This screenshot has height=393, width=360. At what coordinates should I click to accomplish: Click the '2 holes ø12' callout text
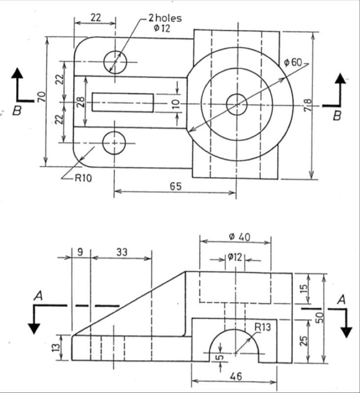(x=164, y=23)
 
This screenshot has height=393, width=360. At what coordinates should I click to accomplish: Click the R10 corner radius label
(x=83, y=178)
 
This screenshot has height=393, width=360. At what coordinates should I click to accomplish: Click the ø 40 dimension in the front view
(x=239, y=236)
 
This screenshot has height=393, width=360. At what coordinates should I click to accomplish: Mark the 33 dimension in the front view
(x=121, y=252)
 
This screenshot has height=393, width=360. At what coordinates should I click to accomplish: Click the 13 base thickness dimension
(x=57, y=347)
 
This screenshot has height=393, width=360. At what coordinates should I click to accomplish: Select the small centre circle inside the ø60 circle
(x=236, y=104)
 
